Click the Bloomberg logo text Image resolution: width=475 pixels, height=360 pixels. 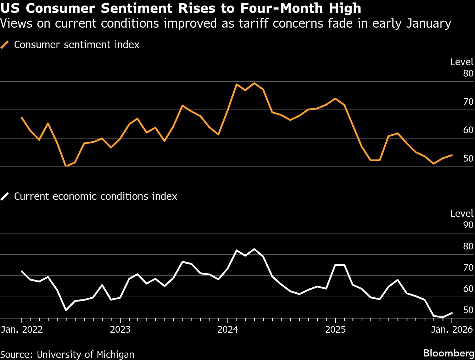pyautogui.click(x=448, y=353)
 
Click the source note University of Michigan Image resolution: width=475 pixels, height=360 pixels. pyautogui.click(x=67, y=354)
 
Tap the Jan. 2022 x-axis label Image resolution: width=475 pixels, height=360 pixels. pyautogui.click(x=22, y=330)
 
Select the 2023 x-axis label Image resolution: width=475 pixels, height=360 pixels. pyautogui.click(x=120, y=330)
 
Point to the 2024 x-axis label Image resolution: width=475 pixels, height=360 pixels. pyautogui.click(x=228, y=330)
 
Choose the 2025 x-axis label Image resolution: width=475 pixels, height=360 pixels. pyautogui.click(x=335, y=330)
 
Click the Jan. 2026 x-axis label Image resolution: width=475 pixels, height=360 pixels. pyautogui.click(x=452, y=330)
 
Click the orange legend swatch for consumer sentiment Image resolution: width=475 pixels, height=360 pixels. pyautogui.click(x=5, y=45)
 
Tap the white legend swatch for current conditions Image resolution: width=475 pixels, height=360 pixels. pyautogui.click(x=5, y=196)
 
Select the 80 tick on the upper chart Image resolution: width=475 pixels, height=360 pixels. pyautogui.click(x=468, y=73)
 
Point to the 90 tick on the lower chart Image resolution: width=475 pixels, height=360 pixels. pyautogui.click(x=468, y=225)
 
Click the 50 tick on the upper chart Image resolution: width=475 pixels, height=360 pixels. pyautogui.click(x=468, y=158)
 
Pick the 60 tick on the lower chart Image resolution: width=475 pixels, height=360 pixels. pyautogui.click(x=468, y=289)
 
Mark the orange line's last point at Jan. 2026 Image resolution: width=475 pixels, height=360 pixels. pyautogui.click(x=451, y=155)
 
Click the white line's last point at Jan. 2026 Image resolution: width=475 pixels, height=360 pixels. pyautogui.click(x=452, y=313)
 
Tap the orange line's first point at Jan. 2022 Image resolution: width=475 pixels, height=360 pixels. pyautogui.click(x=22, y=118)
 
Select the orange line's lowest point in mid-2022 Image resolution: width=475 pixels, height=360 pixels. pyautogui.click(x=66, y=166)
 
